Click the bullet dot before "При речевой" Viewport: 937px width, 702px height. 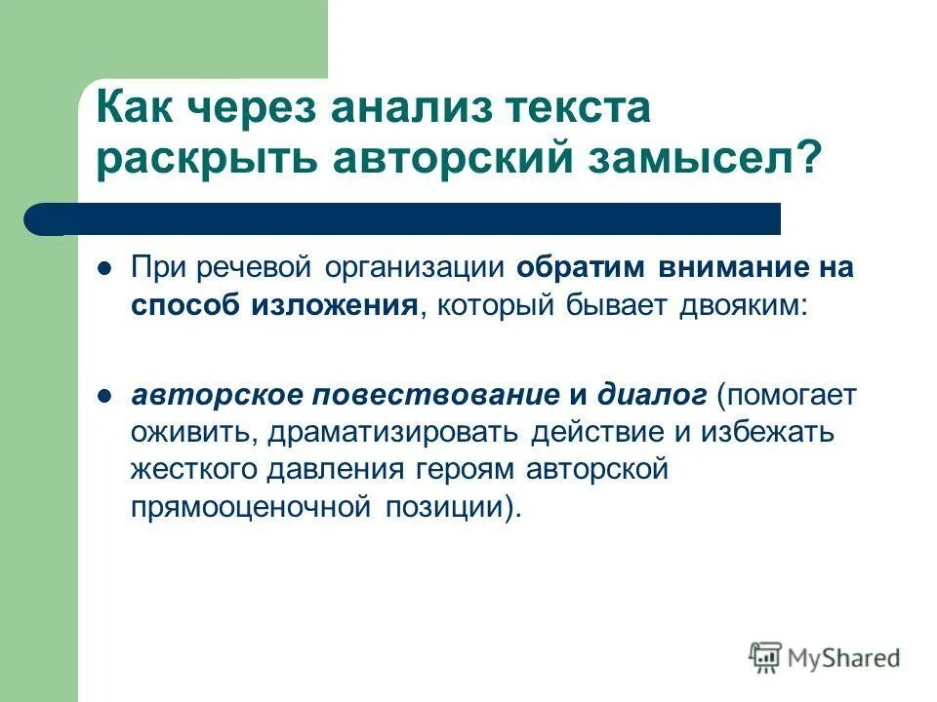point(106,268)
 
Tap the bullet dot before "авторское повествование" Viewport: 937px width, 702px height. point(106,395)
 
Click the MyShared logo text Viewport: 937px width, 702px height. point(844,657)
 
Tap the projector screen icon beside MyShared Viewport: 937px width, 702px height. point(766,656)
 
